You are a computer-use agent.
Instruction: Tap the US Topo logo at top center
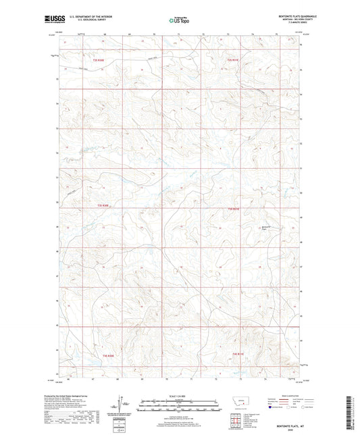tap(179, 21)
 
